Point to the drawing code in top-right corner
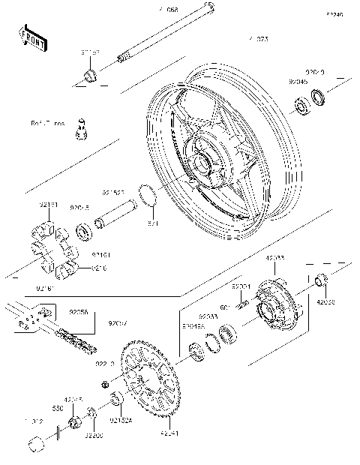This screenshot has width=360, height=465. click(334, 15)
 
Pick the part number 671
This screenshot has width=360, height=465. click(152, 223)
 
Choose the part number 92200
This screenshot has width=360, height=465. click(93, 435)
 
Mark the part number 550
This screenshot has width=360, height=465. click(57, 408)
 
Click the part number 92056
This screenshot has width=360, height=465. click(78, 313)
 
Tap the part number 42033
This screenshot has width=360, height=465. click(274, 259)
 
